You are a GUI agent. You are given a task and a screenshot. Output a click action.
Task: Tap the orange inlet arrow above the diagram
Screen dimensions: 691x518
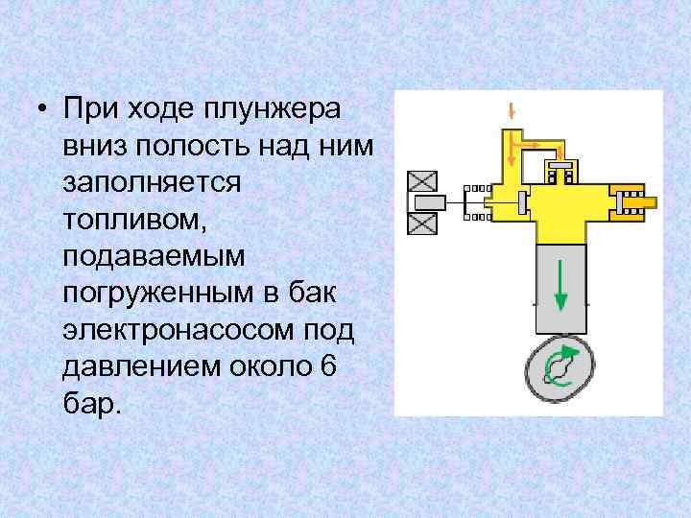click(512, 109)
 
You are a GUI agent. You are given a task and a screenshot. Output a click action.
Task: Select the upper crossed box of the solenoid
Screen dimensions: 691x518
click(422, 180)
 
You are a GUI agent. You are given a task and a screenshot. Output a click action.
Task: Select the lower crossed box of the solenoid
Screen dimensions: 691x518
click(422, 224)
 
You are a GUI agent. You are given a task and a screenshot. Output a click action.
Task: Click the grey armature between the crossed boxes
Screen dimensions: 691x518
click(430, 202)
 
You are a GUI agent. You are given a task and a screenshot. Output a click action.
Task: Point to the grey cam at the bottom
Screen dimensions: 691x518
click(560, 365)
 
